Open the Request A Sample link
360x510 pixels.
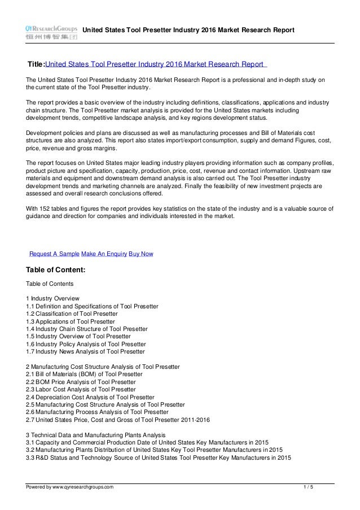pos(54,254)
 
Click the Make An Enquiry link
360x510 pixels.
pos(104,254)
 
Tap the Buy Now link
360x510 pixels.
pos(141,254)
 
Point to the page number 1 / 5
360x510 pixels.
pos(308,486)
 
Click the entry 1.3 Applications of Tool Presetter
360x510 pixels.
pos(71,321)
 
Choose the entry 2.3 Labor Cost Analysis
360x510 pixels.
pos(81,389)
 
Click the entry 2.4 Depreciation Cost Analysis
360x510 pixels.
pos(90,397)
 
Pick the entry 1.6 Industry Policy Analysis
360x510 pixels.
pos(86,344)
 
